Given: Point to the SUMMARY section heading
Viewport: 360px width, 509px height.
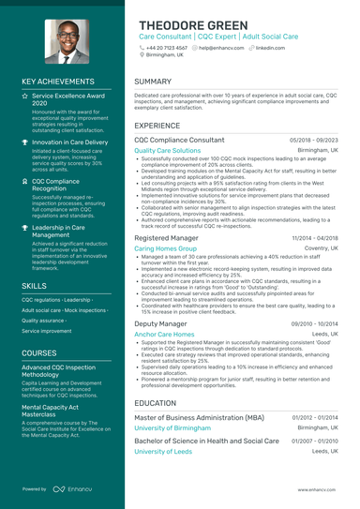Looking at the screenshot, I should coord(153,82).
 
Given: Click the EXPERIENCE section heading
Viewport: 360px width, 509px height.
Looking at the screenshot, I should coord(157,125).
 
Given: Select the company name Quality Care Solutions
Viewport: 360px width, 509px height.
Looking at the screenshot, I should coord(167,150).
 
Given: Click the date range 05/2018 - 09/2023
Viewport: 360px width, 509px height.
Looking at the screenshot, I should coord(314,140).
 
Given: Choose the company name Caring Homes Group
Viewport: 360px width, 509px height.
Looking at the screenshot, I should coord(164,249).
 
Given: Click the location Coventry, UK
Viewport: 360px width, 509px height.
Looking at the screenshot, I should coord(318,249).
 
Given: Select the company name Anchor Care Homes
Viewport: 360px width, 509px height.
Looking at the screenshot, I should coord(164,334).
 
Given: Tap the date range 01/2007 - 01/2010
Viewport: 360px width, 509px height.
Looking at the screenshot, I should coord(315,440).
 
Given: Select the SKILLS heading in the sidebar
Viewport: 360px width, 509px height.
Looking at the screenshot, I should coord(35,285).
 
